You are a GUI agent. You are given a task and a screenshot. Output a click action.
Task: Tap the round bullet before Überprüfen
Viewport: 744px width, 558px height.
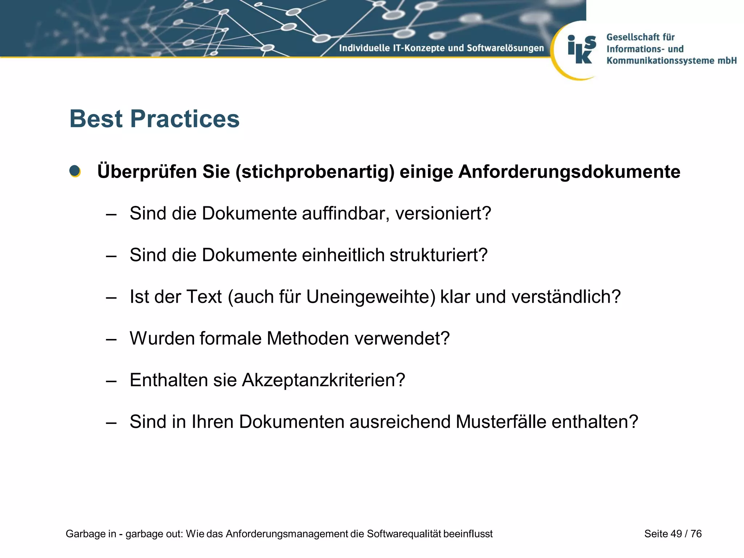(75, 171)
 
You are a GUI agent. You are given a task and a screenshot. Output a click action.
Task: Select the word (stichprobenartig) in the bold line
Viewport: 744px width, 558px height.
(315, 172)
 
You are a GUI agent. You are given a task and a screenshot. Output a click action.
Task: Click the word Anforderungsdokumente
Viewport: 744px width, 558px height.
(569, 172)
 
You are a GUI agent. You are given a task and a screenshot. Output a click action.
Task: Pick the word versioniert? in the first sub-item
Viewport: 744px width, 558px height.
(443, 213)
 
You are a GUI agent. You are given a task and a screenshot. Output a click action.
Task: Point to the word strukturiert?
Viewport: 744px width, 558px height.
(438, 255)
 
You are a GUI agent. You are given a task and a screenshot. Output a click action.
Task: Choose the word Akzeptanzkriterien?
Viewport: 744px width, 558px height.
(323, 380)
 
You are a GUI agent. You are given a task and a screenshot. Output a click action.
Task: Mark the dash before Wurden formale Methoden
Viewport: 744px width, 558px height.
(111, 339)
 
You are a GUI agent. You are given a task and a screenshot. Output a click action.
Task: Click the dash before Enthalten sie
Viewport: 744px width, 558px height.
(111, 381)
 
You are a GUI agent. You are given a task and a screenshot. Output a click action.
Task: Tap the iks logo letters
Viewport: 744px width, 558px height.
(581, 50)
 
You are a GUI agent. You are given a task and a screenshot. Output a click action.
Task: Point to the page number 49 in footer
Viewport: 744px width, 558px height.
(676, 534)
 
